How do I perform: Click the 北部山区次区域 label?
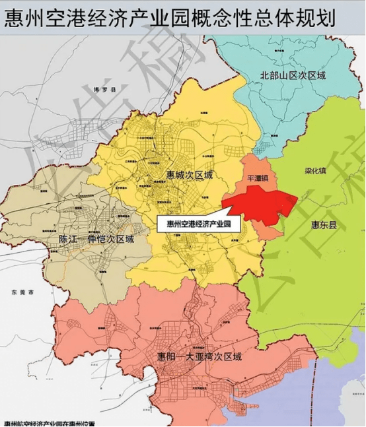293,76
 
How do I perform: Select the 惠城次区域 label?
190,176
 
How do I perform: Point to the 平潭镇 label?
257,178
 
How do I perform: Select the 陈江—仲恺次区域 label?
95,239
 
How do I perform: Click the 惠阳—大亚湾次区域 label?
199,356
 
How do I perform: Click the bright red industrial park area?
264,201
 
